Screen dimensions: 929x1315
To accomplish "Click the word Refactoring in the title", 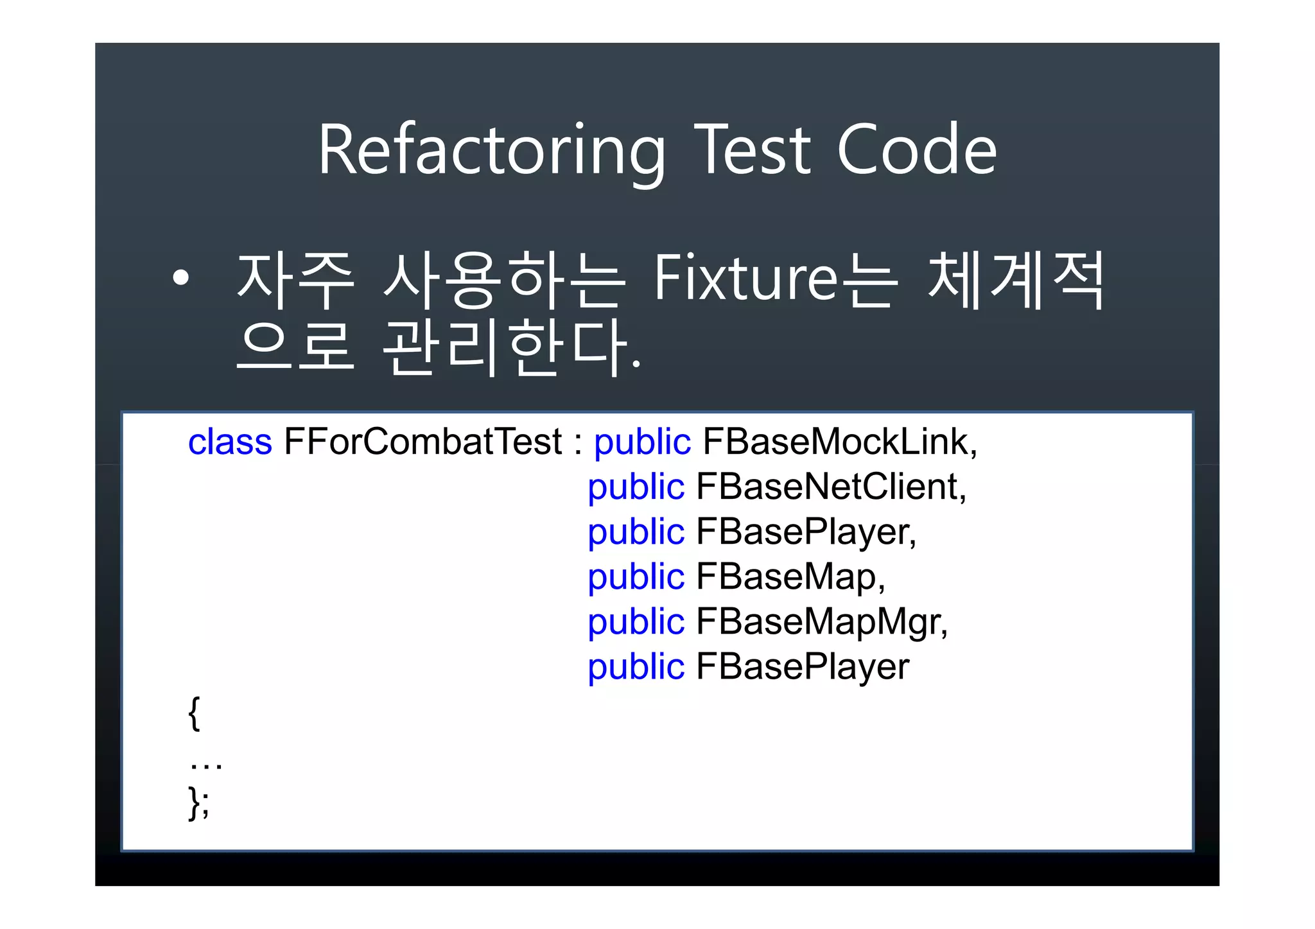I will coord(491,151).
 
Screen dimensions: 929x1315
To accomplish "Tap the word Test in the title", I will coord(753,151).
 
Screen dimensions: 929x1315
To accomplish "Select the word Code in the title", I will coord(916,151).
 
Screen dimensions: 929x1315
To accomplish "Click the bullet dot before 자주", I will coord(181,278).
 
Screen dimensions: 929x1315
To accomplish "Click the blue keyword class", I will coord(230,442).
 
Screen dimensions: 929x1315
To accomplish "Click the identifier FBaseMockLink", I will coord(835,442).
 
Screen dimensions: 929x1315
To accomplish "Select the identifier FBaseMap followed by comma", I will coord(786,577).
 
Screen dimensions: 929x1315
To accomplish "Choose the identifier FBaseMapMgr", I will coord(817,622).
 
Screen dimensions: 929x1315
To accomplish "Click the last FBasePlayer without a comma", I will coord(803,667).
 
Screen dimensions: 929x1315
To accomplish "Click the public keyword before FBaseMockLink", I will coord(642,442).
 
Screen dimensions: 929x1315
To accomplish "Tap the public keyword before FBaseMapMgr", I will coord(636,622).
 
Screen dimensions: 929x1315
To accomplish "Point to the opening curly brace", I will coord(195,713).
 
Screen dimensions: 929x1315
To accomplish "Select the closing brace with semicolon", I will coord(198,803).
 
